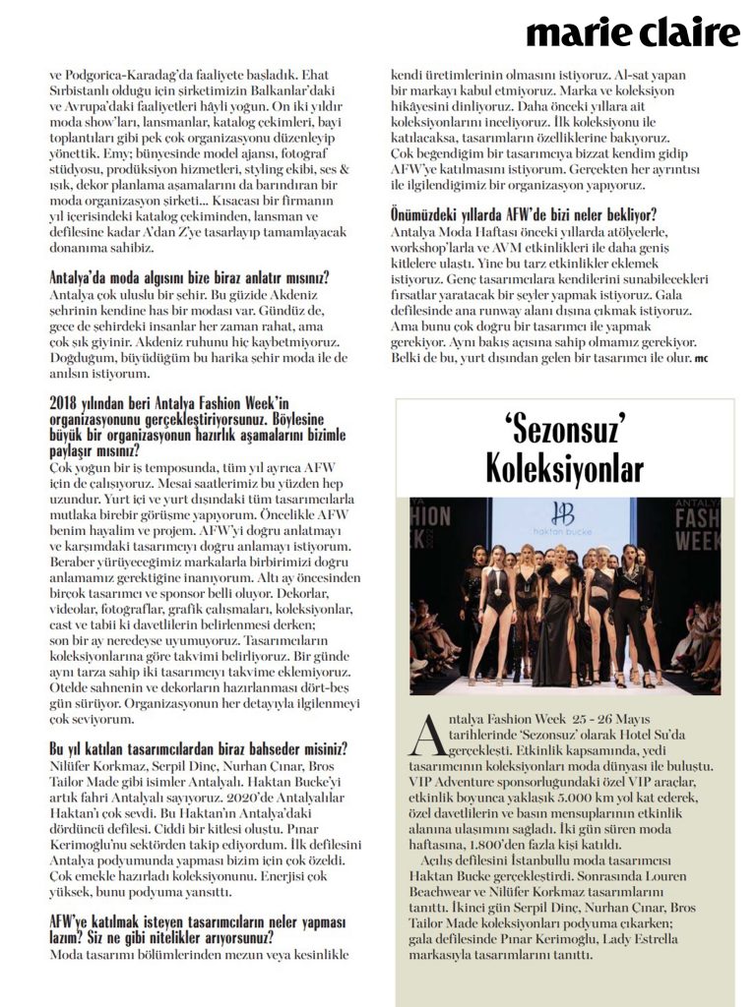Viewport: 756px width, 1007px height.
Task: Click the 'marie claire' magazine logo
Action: point(632,32)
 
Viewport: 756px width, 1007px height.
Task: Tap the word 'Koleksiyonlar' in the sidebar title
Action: point(564,469)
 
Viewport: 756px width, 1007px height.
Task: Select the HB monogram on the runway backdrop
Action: point(563,513)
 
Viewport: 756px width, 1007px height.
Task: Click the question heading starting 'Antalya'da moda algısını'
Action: point(190,277)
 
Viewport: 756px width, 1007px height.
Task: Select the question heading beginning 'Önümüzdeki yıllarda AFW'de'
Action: point(524,214)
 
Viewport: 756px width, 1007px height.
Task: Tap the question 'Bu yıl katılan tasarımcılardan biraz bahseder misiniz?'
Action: point(189,747)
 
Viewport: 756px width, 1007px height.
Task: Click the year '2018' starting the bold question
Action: point(65,401)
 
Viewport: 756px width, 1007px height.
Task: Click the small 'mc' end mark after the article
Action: point(701,358)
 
